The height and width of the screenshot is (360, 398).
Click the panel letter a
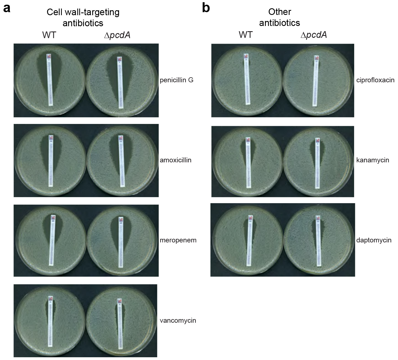[7, 8]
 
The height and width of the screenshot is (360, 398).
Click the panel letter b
[206, 8]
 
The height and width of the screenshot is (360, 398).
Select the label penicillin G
[177, 80]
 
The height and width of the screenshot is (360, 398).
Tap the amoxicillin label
[176, 160]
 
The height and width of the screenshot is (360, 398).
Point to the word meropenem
[178, 240]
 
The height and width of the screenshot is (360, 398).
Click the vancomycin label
[178, 321]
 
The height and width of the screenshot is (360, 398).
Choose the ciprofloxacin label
[375, 80]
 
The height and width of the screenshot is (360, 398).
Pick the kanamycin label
[373, 160]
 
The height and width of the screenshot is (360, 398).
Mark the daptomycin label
[374, 240]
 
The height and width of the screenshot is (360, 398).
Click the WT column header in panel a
[49, 35]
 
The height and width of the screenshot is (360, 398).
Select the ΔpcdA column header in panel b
[314, 35]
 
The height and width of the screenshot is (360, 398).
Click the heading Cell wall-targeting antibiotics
[83, 17]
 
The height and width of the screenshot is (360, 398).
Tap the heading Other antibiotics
[280, 17]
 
